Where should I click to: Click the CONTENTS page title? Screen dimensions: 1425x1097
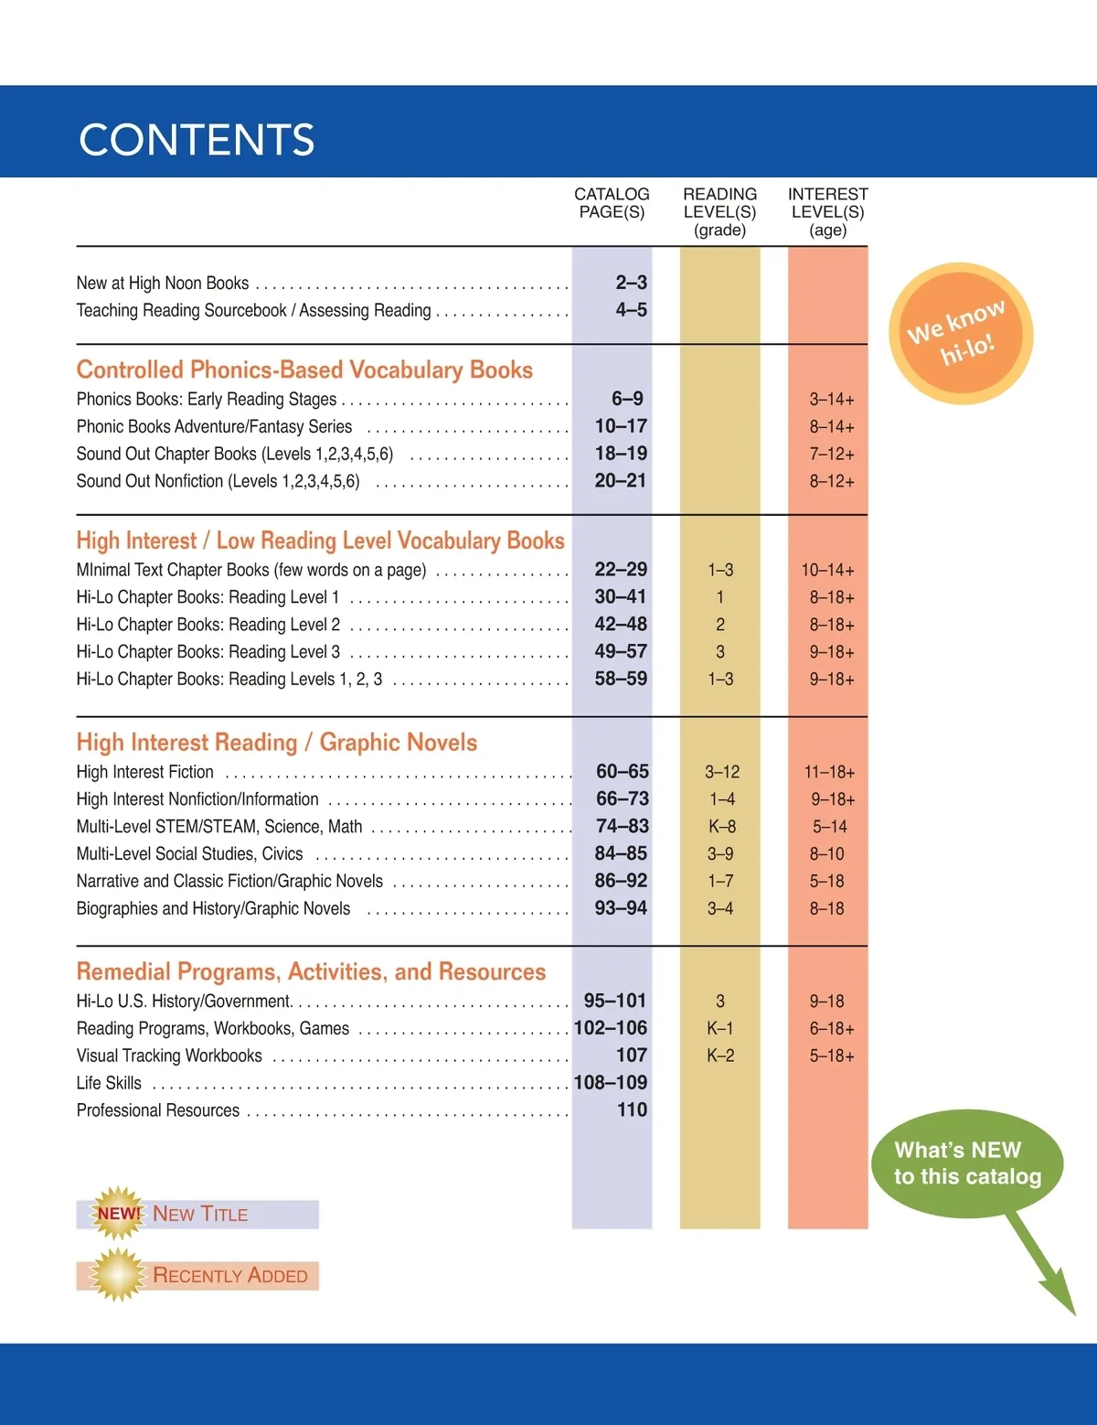click(197, 140)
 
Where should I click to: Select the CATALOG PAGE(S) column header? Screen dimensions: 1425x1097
click(612, 203)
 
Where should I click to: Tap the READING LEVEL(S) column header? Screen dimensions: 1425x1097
click(719, 211)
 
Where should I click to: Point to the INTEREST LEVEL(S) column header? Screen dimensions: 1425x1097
click(827, 211)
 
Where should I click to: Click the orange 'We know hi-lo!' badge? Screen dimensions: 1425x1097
click(960, 333)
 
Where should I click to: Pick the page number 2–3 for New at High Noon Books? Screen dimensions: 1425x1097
click(631, 283)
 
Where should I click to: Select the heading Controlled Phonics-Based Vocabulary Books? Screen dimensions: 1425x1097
click(304, 370)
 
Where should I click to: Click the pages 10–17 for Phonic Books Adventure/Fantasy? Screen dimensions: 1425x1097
click(621, 426)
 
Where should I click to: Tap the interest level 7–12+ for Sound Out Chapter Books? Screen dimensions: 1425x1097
click(831, 454)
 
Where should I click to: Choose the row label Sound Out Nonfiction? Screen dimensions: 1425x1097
click(218, 481)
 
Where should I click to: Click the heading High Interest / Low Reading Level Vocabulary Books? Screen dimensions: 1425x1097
click(320, 541)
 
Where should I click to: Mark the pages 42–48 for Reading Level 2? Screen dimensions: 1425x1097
click(621, 625)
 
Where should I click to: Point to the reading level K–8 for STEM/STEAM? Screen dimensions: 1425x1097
click(721, 827)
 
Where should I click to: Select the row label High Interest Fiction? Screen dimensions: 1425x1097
click(144, 772)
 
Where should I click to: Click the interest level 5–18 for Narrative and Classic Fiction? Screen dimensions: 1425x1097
click(826, 882)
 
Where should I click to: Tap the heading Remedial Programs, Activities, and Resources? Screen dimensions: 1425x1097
click(311, 971)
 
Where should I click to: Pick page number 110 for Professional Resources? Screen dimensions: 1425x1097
click(632, 1110)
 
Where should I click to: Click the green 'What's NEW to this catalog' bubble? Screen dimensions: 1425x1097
click(967, 1163)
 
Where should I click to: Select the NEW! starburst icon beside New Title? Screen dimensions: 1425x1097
click(119, 1214)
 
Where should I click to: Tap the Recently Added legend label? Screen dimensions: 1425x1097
click(229, 1276)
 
